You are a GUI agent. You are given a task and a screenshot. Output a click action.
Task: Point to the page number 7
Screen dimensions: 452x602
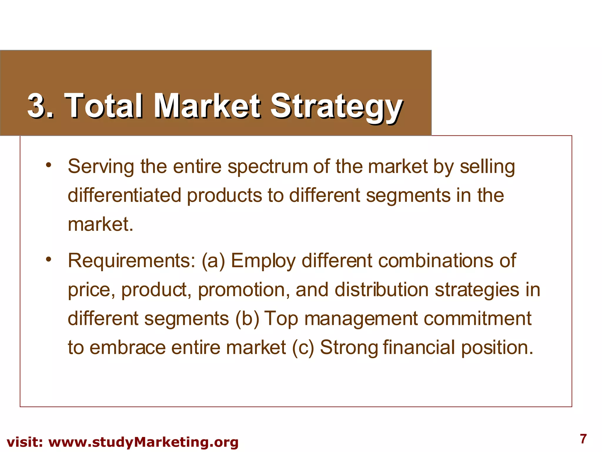(583, 439)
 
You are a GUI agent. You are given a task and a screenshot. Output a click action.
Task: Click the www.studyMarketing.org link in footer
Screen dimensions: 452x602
(143, 442)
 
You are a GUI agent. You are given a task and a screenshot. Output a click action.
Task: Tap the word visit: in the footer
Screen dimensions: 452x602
(25, 442)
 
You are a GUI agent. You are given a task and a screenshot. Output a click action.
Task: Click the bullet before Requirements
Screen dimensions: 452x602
(49, 259)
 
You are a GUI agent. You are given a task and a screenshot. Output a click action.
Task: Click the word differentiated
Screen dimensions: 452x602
(124, 195)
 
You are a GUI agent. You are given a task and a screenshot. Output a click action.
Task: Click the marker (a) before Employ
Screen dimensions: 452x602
(213, 261)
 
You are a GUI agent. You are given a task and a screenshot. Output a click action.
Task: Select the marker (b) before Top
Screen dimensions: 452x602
(247, 319)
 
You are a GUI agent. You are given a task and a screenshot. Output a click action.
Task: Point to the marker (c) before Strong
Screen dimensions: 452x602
(303, 348)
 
